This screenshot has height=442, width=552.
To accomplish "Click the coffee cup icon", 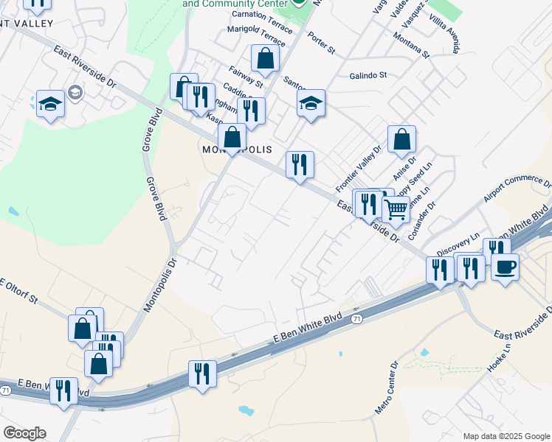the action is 505,266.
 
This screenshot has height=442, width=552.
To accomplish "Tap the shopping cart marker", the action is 396,209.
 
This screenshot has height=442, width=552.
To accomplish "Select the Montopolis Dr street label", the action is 159,284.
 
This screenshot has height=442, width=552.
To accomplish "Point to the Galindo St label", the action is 368,75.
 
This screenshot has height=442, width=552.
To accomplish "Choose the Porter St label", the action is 322,45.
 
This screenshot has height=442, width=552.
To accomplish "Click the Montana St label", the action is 411,45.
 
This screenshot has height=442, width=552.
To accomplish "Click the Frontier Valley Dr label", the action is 359,166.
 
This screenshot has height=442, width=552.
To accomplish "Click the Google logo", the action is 24,433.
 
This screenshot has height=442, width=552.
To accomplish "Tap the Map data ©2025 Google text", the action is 506,436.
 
